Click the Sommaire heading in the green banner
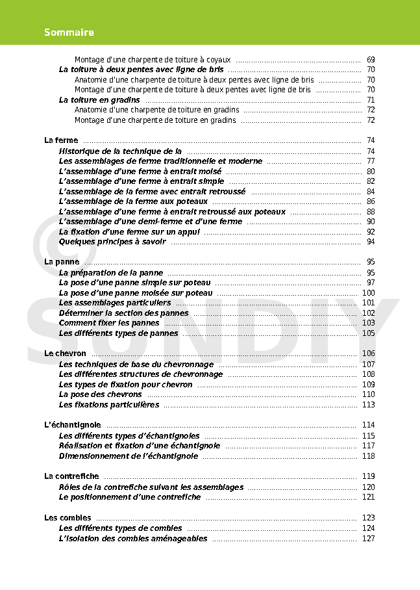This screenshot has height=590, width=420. (69, 32)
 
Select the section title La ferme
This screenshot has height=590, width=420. (61, 140)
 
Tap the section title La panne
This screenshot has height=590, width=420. (62, 262)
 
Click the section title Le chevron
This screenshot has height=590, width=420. (66, 353)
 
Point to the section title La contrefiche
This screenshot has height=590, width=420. (71, 476)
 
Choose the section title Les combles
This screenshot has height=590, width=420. (68, 518)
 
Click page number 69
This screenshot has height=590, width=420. (371, 60)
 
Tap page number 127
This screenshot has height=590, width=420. (368, 539)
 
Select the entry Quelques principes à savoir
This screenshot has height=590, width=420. (112, 242)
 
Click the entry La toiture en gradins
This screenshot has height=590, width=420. (99, 100)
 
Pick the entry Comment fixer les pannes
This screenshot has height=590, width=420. (109, 323)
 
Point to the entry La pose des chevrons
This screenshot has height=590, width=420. (101, 394)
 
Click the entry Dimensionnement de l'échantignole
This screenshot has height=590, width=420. (129, 456)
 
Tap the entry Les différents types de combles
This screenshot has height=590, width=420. (121, 528)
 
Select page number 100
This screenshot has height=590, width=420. (368, 293)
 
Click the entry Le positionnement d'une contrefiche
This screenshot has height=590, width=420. (130, 497)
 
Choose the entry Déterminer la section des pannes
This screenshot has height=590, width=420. (124, 313)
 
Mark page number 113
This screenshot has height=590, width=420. (368, 405)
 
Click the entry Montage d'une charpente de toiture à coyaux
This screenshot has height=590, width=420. (153, 60)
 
